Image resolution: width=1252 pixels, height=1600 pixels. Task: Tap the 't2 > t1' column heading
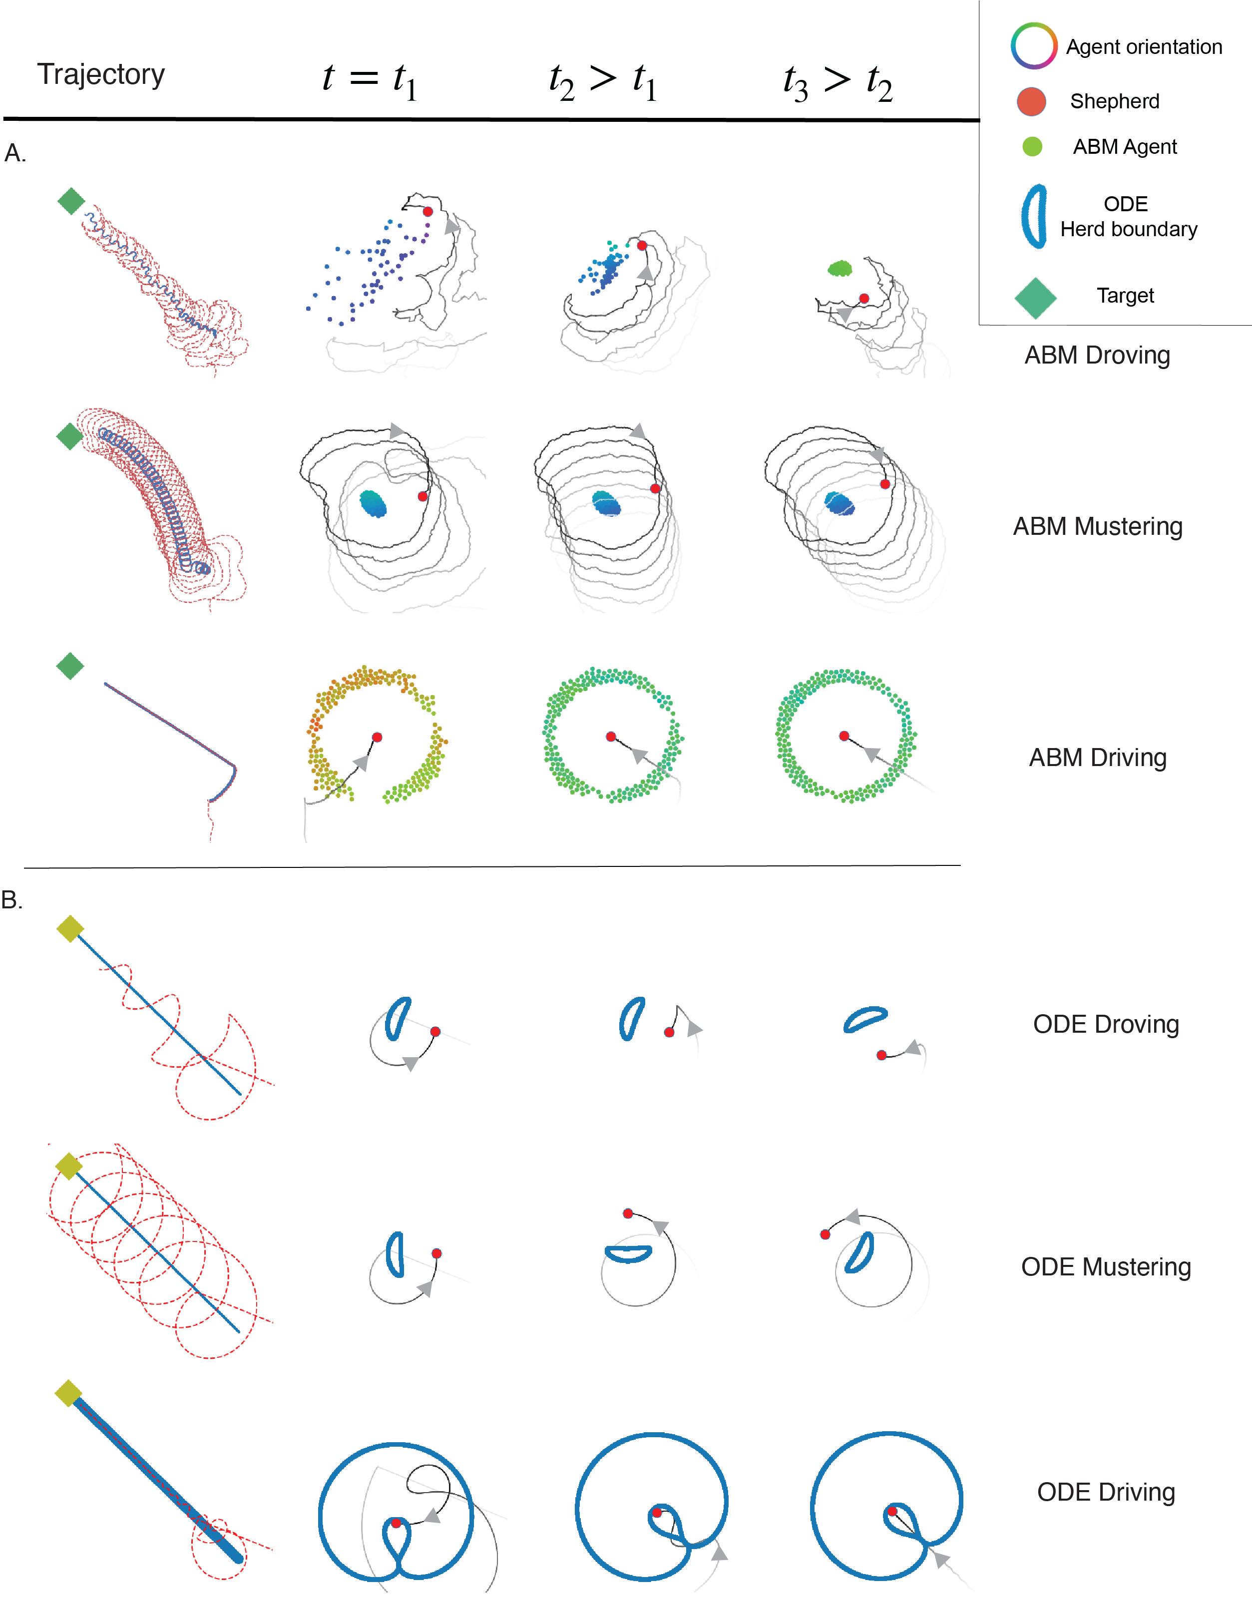tap(603, 80)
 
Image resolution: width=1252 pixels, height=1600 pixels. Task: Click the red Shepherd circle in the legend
tap(1031, 102)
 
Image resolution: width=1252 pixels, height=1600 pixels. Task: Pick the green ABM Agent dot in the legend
tap(1032, 147)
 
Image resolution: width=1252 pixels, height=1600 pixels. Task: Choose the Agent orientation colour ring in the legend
tap(1034, 45)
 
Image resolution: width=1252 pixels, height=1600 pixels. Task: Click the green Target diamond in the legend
tap(1035, 298)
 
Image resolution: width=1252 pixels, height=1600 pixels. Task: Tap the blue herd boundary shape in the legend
tap(1034, 216)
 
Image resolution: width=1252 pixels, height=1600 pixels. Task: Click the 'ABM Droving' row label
tap(1097, 355)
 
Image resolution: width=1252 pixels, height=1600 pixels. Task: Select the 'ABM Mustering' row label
tap(1097, 526)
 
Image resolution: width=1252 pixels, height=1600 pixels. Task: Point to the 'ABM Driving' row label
tap(1097, 757)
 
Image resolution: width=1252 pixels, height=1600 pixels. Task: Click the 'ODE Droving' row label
tap(1105, 1024)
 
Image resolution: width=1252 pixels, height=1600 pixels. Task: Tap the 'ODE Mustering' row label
tap(1105, 1266)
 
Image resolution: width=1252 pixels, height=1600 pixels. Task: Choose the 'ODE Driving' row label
tap(1105, 1492)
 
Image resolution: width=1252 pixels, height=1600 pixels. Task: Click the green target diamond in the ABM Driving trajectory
tap(70, 666)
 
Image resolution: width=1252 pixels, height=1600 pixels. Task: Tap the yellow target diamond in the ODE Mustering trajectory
tap(69, 1166)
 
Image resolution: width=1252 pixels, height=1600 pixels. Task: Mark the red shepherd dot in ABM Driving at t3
tap(843, 736)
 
